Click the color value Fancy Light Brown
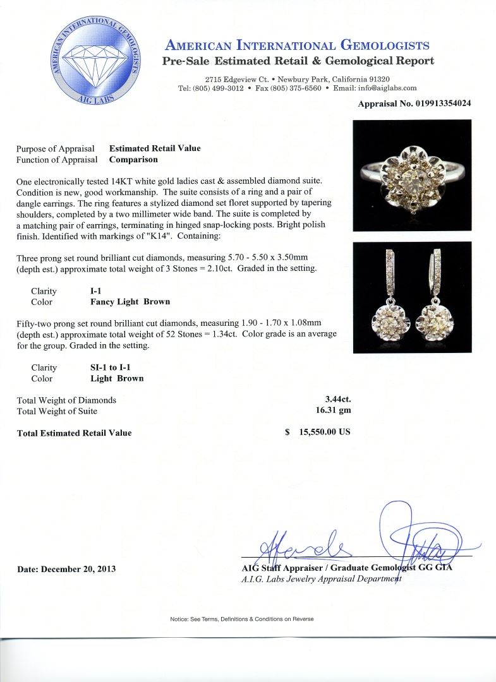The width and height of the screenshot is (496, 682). pos(130,302)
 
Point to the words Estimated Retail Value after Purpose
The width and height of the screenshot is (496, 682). pos(155,148)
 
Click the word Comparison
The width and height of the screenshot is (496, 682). pos(133,160)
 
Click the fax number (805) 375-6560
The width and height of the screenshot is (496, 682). pos(296,88)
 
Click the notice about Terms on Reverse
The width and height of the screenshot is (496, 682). pos(241,619)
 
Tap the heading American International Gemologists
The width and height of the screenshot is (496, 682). pos(298,45)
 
